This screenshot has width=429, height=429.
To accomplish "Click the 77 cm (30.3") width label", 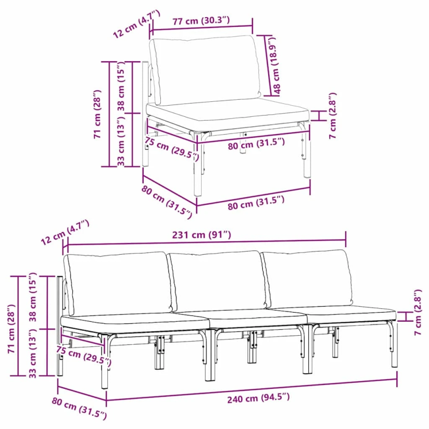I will pyautogui.click(x=201, y=21).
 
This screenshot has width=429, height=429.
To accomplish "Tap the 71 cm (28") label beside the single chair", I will pyautogui.click(x=97, y=114).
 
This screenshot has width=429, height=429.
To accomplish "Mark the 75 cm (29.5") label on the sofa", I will pyautogui.click(x=84, y=356).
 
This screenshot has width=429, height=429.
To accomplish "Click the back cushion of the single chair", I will pyautogui.click(x=205, y=69).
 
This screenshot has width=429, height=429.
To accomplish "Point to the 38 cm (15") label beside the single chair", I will pyautogui.click(x=122, y=87).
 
